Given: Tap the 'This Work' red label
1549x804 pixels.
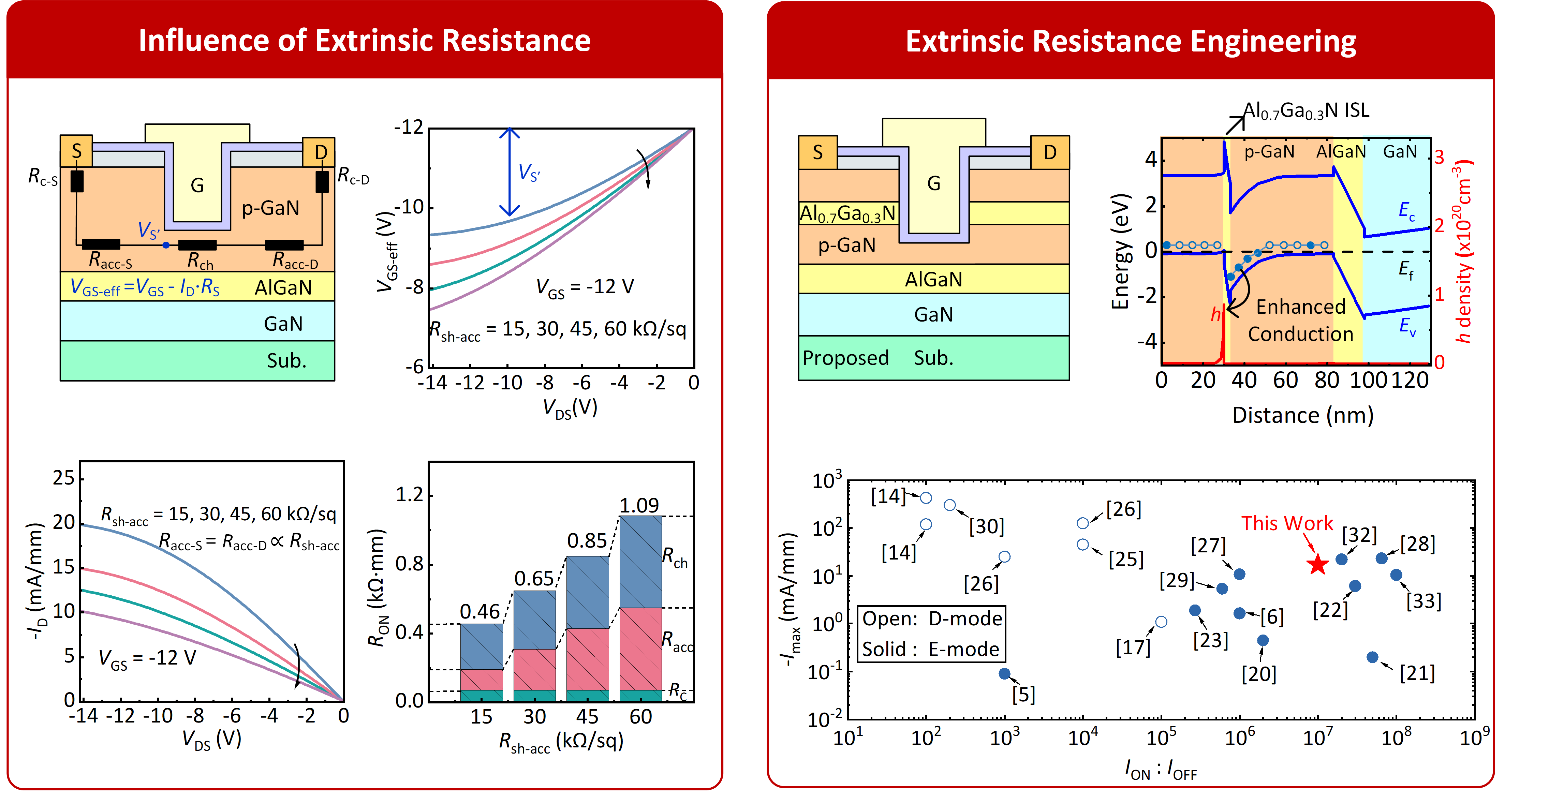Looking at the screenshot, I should coord(1287,523).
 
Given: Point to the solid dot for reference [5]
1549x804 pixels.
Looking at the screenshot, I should coord(1004,673).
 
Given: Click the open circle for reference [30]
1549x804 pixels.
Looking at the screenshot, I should coord(949,505).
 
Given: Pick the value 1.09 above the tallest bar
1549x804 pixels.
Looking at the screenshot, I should coord(639,505).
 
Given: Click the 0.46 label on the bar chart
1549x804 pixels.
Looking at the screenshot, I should coord(480,612).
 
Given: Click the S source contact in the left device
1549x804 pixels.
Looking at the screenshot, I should coord(76,151).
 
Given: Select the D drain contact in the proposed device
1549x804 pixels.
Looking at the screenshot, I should coord(1050,152).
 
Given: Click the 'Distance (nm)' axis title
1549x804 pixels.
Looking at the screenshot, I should coord(1302,415).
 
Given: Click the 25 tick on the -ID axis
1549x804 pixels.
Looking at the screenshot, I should coord(64,478).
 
